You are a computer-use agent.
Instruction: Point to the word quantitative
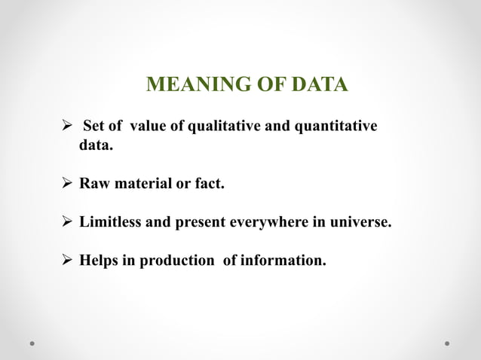[335, 125]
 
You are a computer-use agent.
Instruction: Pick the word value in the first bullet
[147, 125]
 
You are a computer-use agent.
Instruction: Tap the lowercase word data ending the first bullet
[96, 144]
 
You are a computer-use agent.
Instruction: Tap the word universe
[364, 223]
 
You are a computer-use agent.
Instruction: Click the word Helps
[98, 261]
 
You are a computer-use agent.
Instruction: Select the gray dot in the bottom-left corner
[34, 343]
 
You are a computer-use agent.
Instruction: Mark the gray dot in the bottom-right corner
[447, 343]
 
